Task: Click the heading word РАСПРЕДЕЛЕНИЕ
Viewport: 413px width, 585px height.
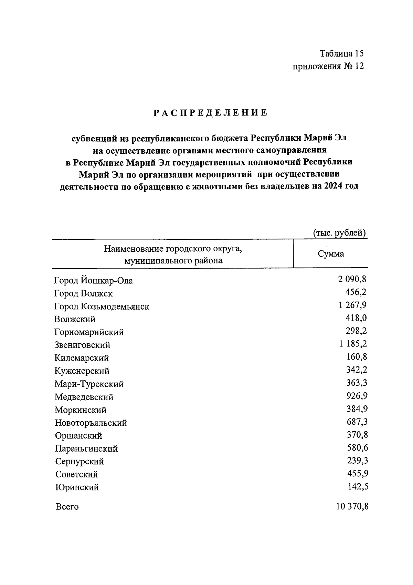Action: point(210,113)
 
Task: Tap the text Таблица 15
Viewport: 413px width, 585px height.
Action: point(341,53)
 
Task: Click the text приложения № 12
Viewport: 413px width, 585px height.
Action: point(328,66)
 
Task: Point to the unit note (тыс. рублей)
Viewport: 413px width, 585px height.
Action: point(339,233)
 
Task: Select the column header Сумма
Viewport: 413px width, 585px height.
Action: point(330,254)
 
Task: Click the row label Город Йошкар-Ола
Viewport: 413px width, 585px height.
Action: point(93,281)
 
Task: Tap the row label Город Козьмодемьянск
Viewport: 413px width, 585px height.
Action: point(102,306)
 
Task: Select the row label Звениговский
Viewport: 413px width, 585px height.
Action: point(82,345)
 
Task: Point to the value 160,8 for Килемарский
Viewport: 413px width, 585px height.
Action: point(357,357)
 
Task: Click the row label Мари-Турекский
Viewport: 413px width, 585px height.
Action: point(89,384)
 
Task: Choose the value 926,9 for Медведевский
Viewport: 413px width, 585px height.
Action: point(357,396)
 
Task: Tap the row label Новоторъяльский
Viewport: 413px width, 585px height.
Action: point(91,423)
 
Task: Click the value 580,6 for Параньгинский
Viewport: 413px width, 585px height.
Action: point(357,447)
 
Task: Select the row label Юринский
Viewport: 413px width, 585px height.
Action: point(77,487)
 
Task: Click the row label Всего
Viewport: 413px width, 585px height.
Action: point(67,507)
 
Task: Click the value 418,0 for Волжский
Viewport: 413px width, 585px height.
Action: point(356,318)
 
